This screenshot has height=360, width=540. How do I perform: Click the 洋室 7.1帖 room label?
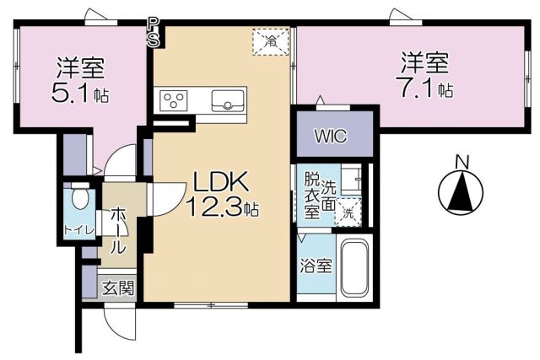click(x=424, y=74)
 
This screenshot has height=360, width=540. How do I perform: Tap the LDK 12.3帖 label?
click(x=221, y=192)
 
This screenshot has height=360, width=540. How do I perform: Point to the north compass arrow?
click(x=461, y=191)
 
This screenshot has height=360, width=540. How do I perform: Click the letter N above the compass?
click(x=462, y=161)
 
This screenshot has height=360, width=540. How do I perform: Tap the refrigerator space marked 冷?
click(x=272, y=40)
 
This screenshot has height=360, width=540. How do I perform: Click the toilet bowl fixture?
click(x=80, y=198)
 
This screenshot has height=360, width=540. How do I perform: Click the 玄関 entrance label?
click(x=118, y=287)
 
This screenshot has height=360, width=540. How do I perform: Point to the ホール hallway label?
click(x=118, y=230)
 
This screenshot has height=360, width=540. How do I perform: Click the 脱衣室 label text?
click(x=312, y=195)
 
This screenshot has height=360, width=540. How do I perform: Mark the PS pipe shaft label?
click(x=153, y=31)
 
